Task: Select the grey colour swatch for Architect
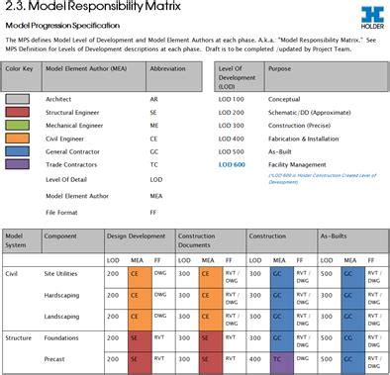click(19, 100)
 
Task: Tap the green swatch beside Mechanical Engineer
click(19, 126)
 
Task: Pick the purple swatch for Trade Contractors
click(19, 164)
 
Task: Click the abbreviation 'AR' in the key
click(155, 100)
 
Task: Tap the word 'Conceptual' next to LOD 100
click(286, 100)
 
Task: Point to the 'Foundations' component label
click(62, 339)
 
